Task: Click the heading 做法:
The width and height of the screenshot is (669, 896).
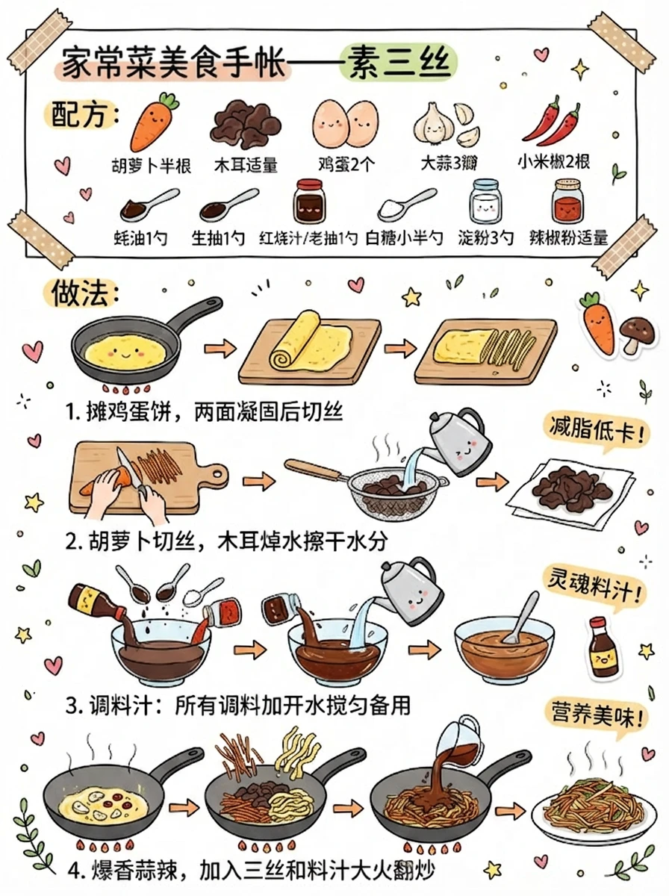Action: click(84, 294)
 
